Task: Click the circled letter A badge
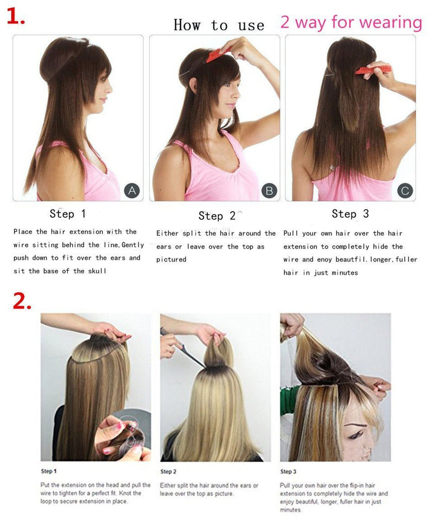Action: tap(132, 191)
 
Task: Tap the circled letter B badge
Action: tap(269, 191)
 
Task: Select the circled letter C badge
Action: tap(405, 191)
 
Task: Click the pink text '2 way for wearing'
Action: tap(351, 23)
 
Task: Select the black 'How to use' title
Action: tap(219, 25)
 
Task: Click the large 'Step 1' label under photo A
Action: tap(68, 214)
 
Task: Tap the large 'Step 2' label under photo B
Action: tap(216, 216)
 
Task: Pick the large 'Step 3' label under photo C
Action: tap(350, 214)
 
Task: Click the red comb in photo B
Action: tap(218, 55)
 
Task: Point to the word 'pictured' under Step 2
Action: tap(171, 260)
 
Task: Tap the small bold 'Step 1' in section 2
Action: tap(49, 471)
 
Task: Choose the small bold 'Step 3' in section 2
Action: tap(289, 471)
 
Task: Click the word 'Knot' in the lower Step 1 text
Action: tap(132, 493)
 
